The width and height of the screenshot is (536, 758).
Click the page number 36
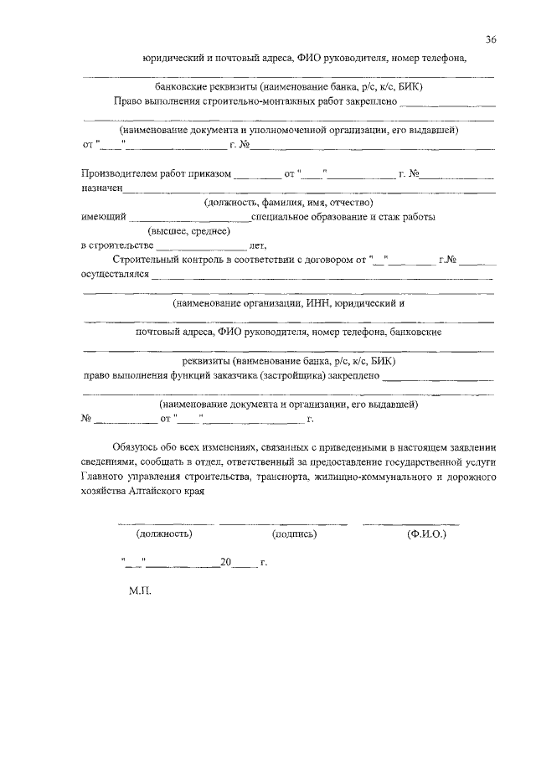pyautogui.click(x=491, y=39)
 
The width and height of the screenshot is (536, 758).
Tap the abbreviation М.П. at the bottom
pyautogui.click(x=139, y=590)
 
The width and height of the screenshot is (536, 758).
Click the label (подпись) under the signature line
pyautogui.click(x=293, y=533)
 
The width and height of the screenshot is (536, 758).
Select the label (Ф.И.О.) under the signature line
pyautogui.click(x=426, y=533)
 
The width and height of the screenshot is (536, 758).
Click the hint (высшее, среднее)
pyautogui.click(x=188, y=231)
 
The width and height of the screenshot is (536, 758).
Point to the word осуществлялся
pyautogui.click(x=115, y=274)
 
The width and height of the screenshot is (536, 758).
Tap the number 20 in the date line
pyautogui.click(x=224, y=563)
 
